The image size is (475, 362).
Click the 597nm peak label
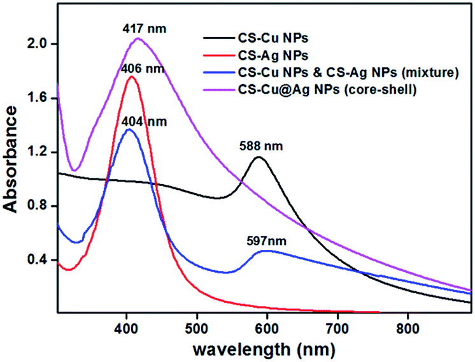264,242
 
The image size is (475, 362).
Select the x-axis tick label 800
408,325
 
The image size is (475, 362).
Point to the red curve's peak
132,76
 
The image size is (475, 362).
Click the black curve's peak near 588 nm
259,157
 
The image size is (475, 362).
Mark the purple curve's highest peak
138,38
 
